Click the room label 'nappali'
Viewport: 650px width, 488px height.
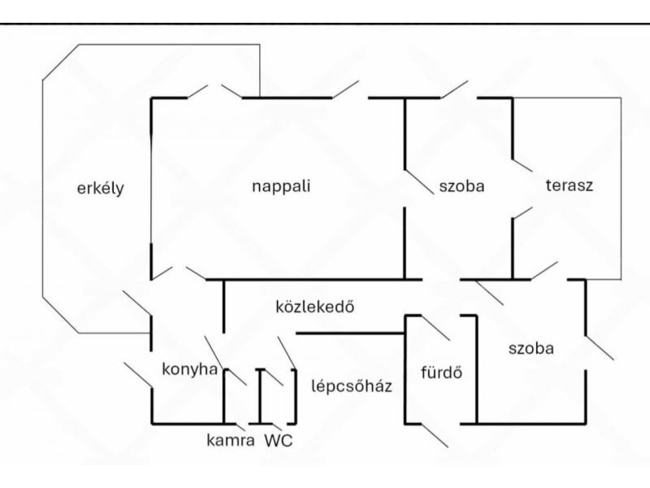pyautogui.click(x=281, y=185)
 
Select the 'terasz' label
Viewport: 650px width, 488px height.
pyautogui.click(x=570, y=185)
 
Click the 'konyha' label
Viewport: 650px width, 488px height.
pyautogui.click(x=190, y=368)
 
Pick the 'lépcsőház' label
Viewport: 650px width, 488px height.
pyautogui.click(x=352, y=386)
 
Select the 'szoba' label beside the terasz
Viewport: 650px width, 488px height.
pyautogui.click(x=461, y=185)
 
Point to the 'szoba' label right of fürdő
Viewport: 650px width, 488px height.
pyautogui.click(x=531, y=349)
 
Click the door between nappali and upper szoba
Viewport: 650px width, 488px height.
pyautogui.click(x=418, y=182)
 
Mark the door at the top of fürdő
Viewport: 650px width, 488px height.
pyautogui.click(x=435, y=328)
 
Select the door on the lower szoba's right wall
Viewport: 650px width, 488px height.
pyautogui.click(x=599, y=346)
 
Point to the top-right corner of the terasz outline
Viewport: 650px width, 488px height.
pyautogui.click(x=622, y=98)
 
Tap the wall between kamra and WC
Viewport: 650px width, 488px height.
pyautogui.click(x=259, y=396)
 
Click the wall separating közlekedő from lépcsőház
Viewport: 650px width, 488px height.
pyautogui.click(x=349, y=333)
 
